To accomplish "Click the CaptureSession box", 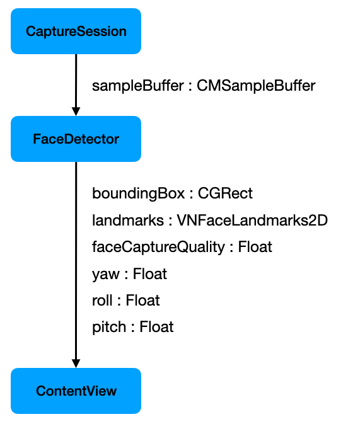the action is (76, 31).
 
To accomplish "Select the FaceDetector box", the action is (76, 139).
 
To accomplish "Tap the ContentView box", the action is (76, 391).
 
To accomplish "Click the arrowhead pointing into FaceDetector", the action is (76, 112).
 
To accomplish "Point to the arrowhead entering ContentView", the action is (76, 364).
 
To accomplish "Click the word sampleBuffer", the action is (138, 86).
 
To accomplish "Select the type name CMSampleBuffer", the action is (256, 86).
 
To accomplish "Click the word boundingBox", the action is (138, 193).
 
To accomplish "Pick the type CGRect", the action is (225, 193).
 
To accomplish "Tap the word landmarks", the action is (128, 220).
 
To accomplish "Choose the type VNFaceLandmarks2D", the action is (252, 220).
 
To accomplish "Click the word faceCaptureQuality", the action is (158, 247).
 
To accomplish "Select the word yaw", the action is (105, 275).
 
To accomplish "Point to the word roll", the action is (102, 300).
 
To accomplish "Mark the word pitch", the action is (109, 327).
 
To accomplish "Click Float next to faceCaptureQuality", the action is (255, 246).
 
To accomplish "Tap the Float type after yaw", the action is (149, 273).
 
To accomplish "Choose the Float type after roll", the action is (143, 300).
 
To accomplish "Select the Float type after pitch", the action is (156, 326).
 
